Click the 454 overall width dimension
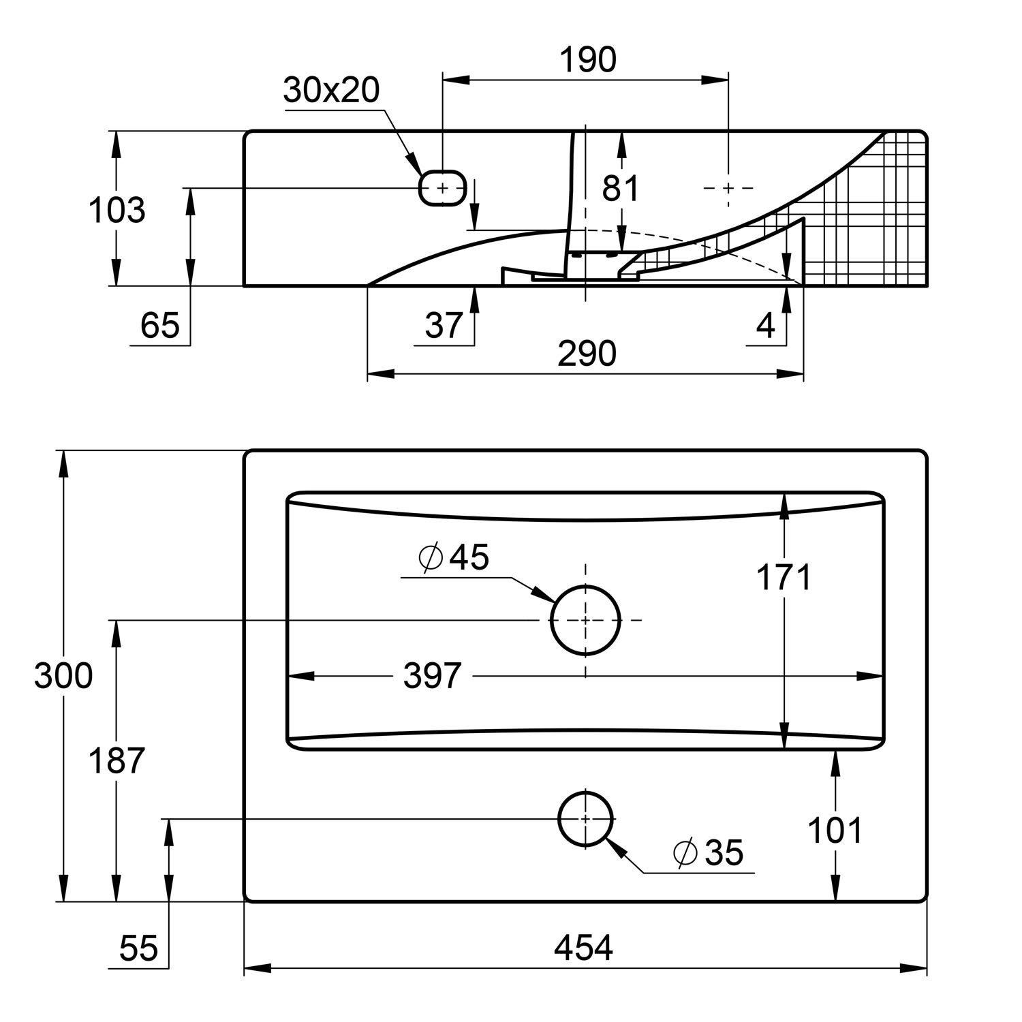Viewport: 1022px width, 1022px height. [x=583, y=948]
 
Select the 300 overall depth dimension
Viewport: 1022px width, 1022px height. [x=63, y=676]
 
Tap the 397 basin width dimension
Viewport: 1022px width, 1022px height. [x=433, y=676]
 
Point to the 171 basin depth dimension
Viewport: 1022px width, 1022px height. [x=784, y=578]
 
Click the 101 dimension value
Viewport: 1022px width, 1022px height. [x=835, y=831]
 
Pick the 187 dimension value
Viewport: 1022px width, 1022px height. [x=117, y=760]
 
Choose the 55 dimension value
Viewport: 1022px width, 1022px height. [x=138, y=948]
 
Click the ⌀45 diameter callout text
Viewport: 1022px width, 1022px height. [x=454, y=557]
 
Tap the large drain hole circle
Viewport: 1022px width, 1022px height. [x=585, y=620]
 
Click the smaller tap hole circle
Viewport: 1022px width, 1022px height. [x=585, y=818]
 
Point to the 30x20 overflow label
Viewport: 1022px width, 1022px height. [x=331, y=90]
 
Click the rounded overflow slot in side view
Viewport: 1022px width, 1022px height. [x=442, y=187]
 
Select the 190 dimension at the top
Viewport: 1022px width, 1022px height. [x=587, y=60]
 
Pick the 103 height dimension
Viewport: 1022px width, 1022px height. [x=117, y=210]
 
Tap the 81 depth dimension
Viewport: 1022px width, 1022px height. [x=620, y=188]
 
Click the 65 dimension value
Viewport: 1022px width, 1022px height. [x=159, y=325]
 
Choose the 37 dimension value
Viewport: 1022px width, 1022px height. [x=444, y=325]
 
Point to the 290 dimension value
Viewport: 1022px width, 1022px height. [x=587, y=354]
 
